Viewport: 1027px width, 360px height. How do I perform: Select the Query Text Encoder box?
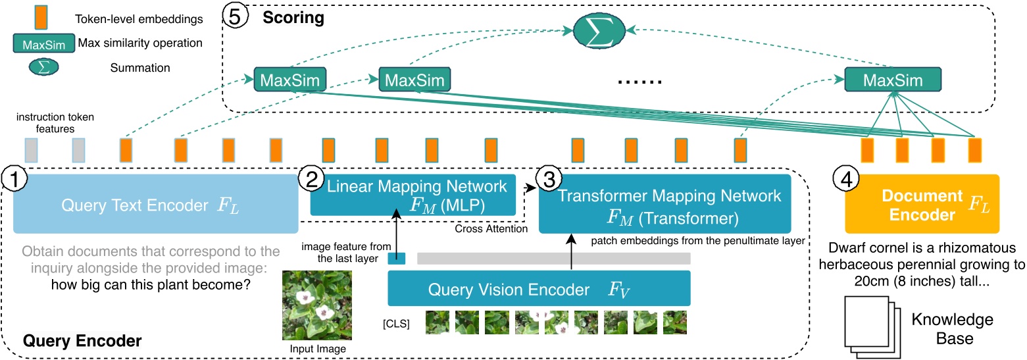(x=156, y=204)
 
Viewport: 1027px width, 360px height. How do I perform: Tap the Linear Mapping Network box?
(x=414, y=195)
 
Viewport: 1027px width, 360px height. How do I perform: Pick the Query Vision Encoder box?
(x=539, y=288)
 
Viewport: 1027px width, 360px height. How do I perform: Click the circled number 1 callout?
(x=14, y=176)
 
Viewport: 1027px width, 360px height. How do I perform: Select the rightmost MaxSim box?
(x=893, y=80)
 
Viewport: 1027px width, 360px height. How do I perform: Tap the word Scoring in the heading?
(x=293, y=18)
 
